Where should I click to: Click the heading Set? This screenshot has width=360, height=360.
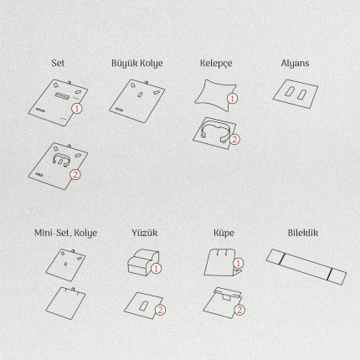click(58, 63)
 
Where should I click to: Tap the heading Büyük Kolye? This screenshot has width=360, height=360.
click(137, 64)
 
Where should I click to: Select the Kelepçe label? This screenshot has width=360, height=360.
click(216, 64)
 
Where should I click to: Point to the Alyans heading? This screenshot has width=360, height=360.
click(295, 64)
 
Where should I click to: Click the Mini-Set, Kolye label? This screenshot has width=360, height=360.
click(65, 233)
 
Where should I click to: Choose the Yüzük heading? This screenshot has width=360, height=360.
click(145, 233)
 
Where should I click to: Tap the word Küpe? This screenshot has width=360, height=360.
click(224, 234)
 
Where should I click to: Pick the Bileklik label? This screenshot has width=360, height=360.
click(303, 233)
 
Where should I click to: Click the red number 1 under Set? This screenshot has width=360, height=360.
click(77, 108)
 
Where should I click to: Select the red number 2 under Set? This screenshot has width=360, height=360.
click(75, 174)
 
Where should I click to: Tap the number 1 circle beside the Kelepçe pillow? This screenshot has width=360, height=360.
click(232, 98)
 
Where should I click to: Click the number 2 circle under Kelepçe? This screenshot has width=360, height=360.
click(234, 139)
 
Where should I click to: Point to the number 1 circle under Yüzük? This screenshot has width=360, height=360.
click(156, 269)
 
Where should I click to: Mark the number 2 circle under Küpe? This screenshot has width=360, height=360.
click(239, 310)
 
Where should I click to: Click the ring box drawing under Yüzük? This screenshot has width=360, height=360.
click(143, 262)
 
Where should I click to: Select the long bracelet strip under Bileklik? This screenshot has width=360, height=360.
click(306, 267)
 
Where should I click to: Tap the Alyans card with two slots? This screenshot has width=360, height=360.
click(296, 94)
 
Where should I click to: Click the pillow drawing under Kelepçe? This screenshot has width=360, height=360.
click(215, 95)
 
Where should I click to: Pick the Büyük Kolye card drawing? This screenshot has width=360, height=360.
click(137, 101)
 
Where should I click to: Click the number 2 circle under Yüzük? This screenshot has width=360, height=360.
click(160, 310)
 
